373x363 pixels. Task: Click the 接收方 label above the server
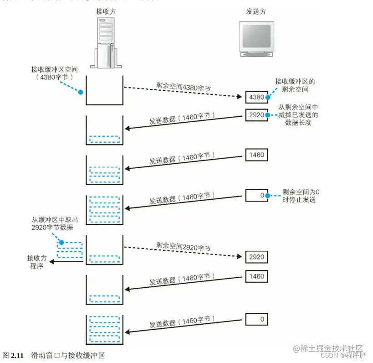click(106, 12)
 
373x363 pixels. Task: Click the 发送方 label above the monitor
click(255, 12)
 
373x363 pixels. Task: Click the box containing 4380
click(255, 97)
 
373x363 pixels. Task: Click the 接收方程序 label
click(36, 262)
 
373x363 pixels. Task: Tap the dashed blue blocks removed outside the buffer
click(70, 251)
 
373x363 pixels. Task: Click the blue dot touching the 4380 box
click(269, 97)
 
